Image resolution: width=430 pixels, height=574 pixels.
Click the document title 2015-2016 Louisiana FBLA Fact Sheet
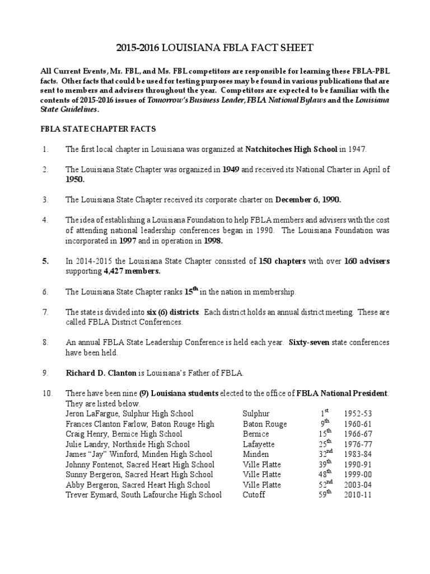point(214,49)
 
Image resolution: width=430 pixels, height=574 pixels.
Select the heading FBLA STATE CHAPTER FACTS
point(99,129)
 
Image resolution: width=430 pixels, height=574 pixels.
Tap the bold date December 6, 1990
point(308,200)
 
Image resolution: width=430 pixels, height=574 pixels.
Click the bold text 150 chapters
point(282,261)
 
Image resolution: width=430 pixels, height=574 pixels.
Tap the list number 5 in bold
point(45,261)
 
